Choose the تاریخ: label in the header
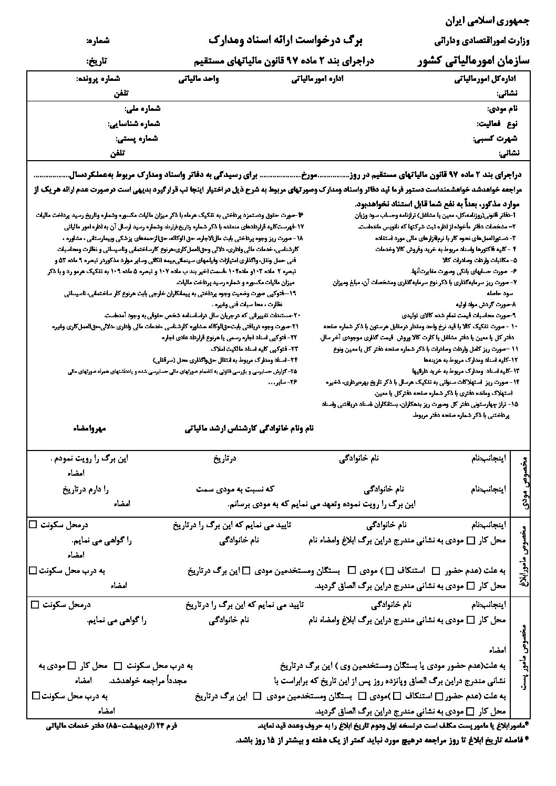point(97,61)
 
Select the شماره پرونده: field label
point(98,79)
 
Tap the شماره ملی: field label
point(142,109)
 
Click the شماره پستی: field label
point(137,139)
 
